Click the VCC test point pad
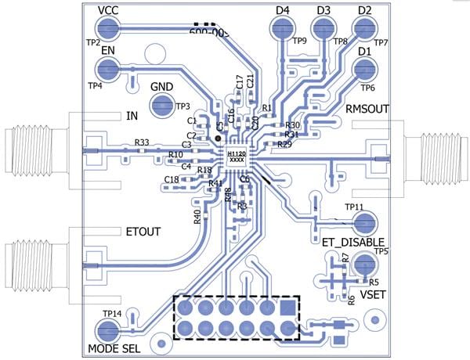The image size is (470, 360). pyautogui.click(x=110, y=29)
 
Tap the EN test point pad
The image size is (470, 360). pyautogui.click(x=110, y=70)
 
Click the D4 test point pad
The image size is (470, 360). pyautogui.click(x=281, y=30)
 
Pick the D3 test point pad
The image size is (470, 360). pyautogui.click(x=323, y=30)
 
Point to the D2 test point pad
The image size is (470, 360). pyautogui.click(x=363, y=30)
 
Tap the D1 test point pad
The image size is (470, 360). pyautogui.click(x=363, y=70)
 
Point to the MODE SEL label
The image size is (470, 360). pyautogui.click(x=114, y=348)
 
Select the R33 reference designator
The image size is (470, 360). pyautogui.click(x=142, y=142)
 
